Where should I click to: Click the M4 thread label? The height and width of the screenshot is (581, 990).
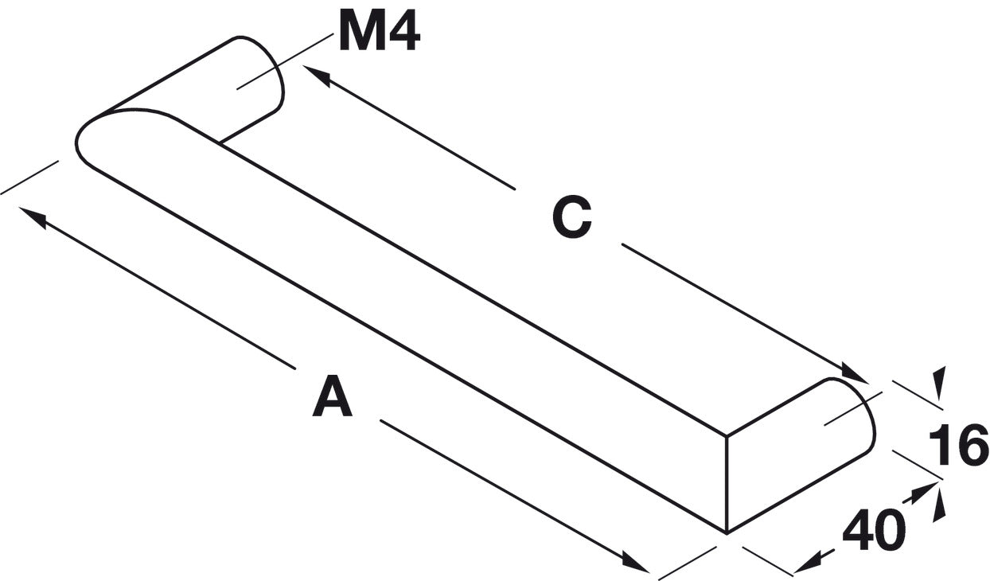click(x=379, y=33)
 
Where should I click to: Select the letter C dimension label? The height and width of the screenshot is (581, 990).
click(x=572, y=217)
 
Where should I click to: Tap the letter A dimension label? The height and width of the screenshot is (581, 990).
click(x=333, y=399)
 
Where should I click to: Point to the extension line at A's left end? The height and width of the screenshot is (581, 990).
click(x=30, y=177)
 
